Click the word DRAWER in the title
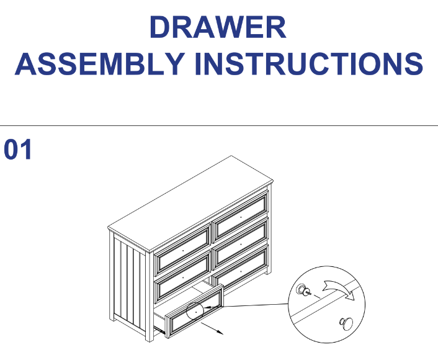(218, 27)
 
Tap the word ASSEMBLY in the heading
(100, 64)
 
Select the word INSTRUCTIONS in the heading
(310, 64)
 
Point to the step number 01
(18, 150)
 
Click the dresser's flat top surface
(190, 202)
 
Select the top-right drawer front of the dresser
(241, 217)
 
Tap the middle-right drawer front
(241, 243)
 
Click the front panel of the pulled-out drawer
(195, 311)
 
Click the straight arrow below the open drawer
(212, 328)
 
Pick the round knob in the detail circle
(346, 324)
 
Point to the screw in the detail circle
(304, 290)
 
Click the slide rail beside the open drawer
(159, 330)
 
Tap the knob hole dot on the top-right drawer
(241, 217)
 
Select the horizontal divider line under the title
(219, 126)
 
